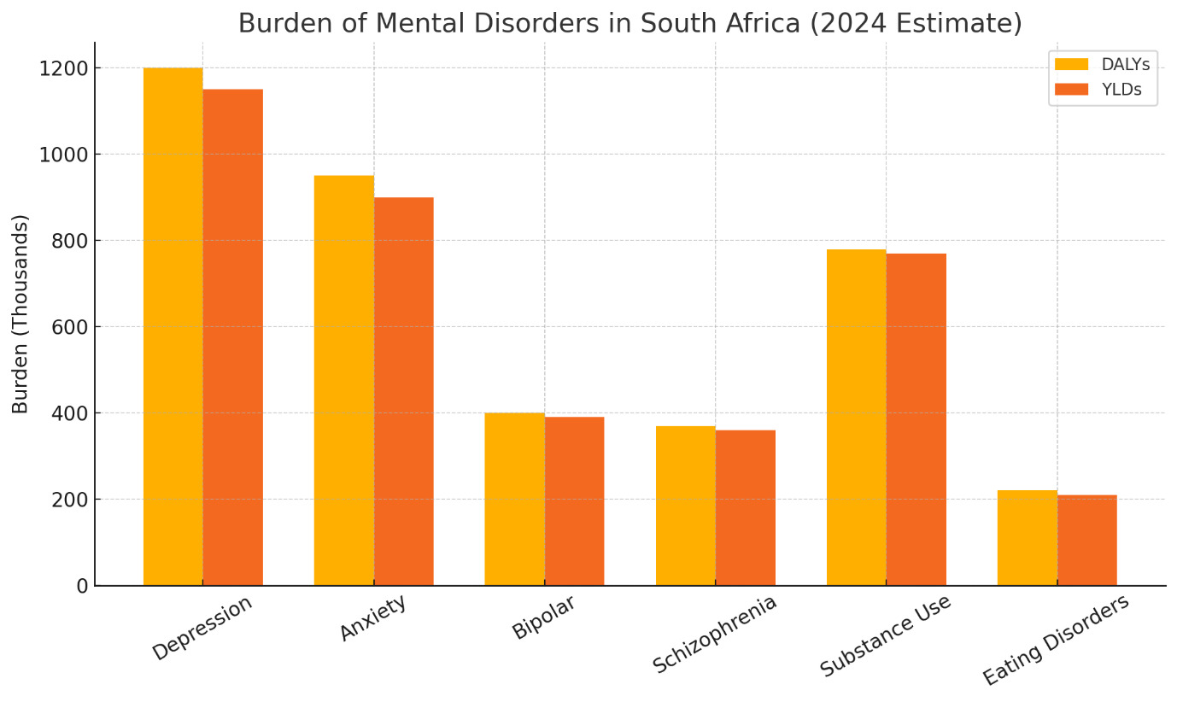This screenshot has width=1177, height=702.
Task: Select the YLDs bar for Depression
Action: tap(232, 337)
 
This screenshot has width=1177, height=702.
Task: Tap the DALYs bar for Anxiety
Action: tap(343, 380)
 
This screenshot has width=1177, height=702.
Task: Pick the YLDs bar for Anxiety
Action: tap(403, 391)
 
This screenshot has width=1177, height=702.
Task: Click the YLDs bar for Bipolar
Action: tap(574, 501)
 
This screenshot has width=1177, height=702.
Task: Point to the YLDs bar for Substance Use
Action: tap(916, 419)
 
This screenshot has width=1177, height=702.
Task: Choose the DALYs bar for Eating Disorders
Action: tap(1027, 538)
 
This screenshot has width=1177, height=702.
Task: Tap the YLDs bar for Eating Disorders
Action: tap(1086, 540)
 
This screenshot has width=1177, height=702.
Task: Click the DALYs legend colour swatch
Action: tap(1071, 64)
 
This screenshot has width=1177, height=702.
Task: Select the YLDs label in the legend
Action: tap(1121, 90)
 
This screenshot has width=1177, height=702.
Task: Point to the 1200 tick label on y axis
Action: tap(63, 68)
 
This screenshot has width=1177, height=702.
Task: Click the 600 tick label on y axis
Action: tap(69, 327)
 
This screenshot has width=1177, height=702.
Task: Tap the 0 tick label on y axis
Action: tap(82, 586)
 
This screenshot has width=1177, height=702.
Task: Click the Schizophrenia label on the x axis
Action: tap(715, 633)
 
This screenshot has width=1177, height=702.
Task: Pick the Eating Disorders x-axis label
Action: tap(1056, 639)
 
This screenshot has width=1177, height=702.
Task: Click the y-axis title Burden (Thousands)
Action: tap(20, 314)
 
